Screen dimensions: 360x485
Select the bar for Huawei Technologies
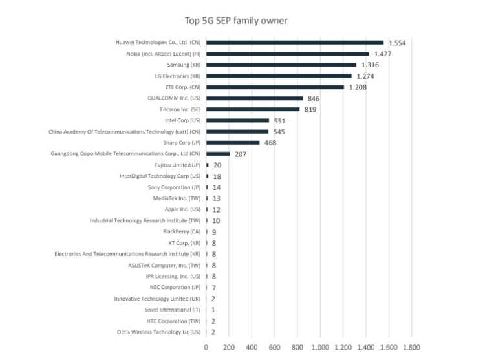pos(295,43)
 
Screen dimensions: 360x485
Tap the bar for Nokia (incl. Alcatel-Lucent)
pos(288,54)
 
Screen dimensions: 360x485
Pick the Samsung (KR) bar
pos(281,65)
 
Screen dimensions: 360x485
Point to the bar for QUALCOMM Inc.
pos(254,98)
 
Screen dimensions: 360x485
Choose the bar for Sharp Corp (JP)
pos(233,143)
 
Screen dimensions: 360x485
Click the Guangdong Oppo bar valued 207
pos(218,154)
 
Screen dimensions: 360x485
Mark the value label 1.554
pos(397,43)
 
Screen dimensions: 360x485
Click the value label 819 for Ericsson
pos(311,110)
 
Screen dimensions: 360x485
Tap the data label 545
pos(279,132)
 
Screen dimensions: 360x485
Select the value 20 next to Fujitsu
pos(217,165)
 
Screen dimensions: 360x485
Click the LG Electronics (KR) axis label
pos(177,76)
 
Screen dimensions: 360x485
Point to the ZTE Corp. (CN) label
pos(182,87)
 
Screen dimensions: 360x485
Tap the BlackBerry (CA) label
pos(182,231)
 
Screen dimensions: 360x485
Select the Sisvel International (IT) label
pos(173,310)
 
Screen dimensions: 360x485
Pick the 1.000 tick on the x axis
pos(321,347)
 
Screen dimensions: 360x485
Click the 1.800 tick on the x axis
pos(412,347)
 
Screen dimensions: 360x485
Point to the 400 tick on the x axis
pos(252,347)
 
